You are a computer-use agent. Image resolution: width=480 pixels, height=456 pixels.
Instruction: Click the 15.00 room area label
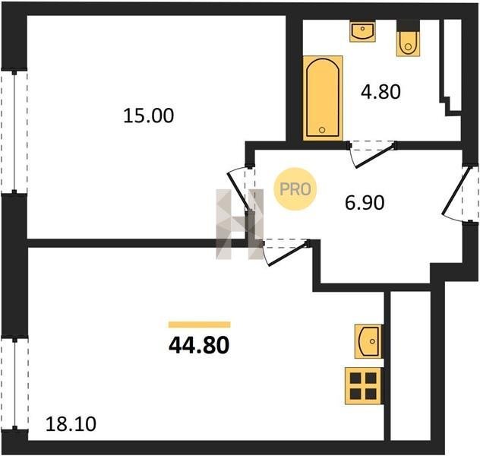tap(149, 116)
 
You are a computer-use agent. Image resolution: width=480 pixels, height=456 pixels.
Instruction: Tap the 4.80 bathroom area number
tap(381, 92)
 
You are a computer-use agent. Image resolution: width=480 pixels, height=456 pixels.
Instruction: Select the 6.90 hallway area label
tap(365, 203)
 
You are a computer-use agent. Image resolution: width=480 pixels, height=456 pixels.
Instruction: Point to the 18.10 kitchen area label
tap(71, 424)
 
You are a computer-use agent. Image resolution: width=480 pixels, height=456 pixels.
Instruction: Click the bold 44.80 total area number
tap(199, 345)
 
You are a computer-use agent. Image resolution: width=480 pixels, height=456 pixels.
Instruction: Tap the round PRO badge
tap(295, 189)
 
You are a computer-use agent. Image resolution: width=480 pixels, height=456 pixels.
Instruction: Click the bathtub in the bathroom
tap(323, 98)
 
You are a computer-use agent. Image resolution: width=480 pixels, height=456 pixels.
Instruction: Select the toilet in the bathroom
tap(408, 38)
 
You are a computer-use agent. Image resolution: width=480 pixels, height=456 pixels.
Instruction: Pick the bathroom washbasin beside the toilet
tap(363, 31)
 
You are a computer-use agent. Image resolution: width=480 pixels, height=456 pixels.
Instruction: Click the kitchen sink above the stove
tap(368, 341)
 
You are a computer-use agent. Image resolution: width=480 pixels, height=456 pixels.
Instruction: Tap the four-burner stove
tap(363, 386)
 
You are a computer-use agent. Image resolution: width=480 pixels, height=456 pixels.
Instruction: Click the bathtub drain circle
tap(322, 130)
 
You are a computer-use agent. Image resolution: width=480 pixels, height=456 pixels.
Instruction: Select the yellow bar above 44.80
tap(199, 325)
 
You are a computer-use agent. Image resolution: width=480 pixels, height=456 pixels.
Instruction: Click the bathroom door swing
tap(371, 154)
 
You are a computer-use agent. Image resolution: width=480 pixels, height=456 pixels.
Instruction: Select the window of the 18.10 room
tap(14, 384)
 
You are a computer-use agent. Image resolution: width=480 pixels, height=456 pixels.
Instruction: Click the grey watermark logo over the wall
tap(240, 224)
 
